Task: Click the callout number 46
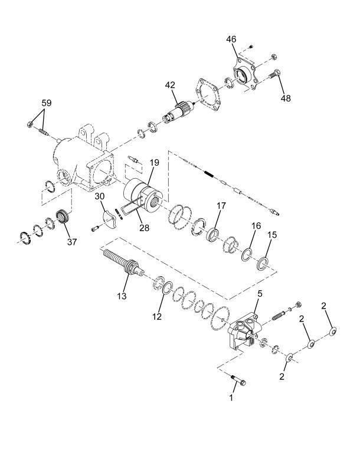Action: tap(231, 39)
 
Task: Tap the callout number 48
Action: tap(286, 98)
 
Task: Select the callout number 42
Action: tap(170, 85)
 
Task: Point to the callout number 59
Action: tap(47, 103)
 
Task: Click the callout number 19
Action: tap(154, 163)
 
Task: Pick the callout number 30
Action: tap(100, 196)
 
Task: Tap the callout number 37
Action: tap(72, 242)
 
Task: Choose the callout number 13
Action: tap(122, 296)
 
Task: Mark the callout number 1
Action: tap(231, 398)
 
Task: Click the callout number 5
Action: tap(260, 293)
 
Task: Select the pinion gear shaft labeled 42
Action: tap(178, 113)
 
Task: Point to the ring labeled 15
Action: tap(263, 264)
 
